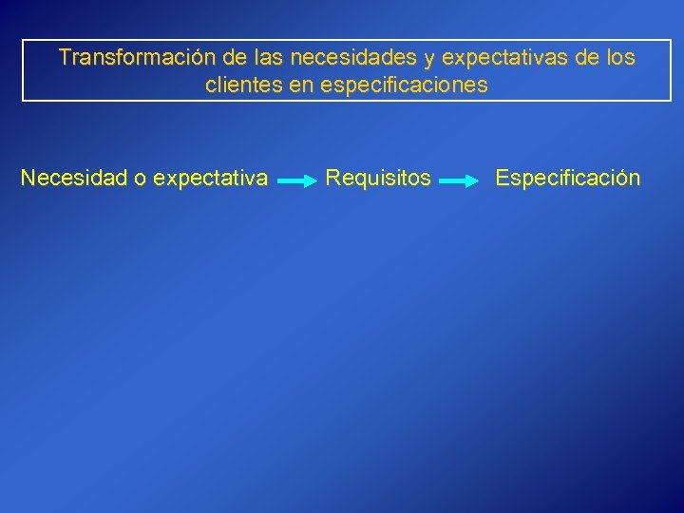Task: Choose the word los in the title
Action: [619, 58]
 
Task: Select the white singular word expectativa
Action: [210, 179]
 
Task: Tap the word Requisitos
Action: [378, 178]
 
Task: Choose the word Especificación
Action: [568, 178]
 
